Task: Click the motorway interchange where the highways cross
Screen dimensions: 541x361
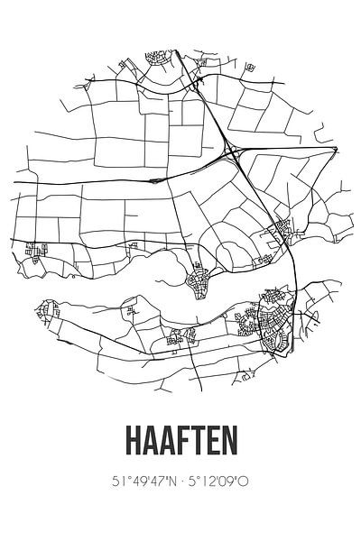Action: point(233,153)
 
